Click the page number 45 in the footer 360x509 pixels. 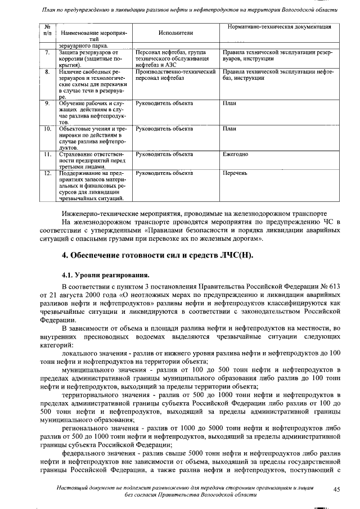pos(336,490)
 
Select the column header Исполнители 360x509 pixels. pos(175,33)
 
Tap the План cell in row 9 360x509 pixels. pos(229,103)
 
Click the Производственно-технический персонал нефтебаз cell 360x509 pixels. pos(176,75)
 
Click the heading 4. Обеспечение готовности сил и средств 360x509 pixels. pos(157,256)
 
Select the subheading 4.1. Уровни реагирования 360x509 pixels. pos(105,276)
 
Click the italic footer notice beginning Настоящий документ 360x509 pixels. pos(186,490)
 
